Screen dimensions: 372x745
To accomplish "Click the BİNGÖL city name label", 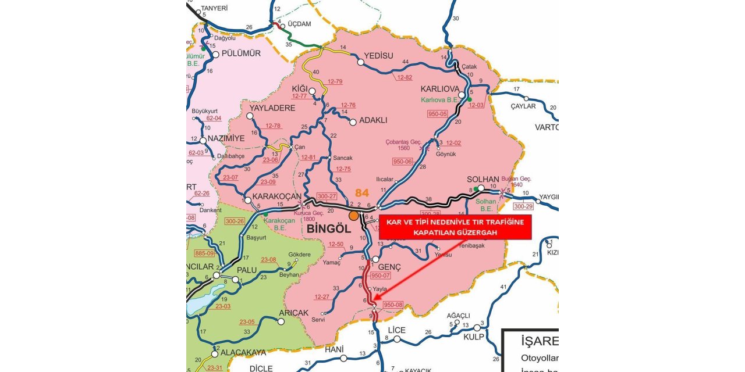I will tap(328, 228).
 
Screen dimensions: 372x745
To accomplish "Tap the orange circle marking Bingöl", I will tap(354, 216).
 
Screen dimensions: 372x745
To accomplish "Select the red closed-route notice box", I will tap(455, 227).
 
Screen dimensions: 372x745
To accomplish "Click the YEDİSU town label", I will tap(378, 56).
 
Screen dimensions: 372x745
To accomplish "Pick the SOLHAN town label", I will tap(483, 179).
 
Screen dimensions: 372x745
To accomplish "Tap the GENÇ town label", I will tap(390, 266).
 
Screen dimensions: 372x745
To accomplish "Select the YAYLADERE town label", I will tap(272, 108).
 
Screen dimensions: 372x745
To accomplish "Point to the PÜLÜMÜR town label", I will tap(241, 53).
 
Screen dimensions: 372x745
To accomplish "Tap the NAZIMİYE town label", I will tap(231, 139).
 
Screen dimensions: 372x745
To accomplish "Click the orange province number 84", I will tap(362, 192).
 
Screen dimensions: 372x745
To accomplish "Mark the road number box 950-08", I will tap(393, 305).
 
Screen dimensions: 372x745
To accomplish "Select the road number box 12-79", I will tap(335, 81).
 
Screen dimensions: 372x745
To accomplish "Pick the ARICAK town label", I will tap(293, 313).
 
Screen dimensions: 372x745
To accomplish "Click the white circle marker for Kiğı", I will tap(313, 91).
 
